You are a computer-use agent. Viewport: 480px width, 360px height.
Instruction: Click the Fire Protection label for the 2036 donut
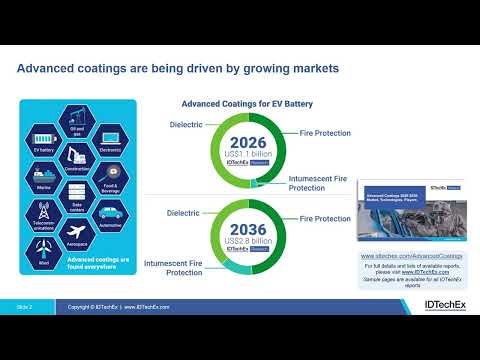point(325,218)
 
